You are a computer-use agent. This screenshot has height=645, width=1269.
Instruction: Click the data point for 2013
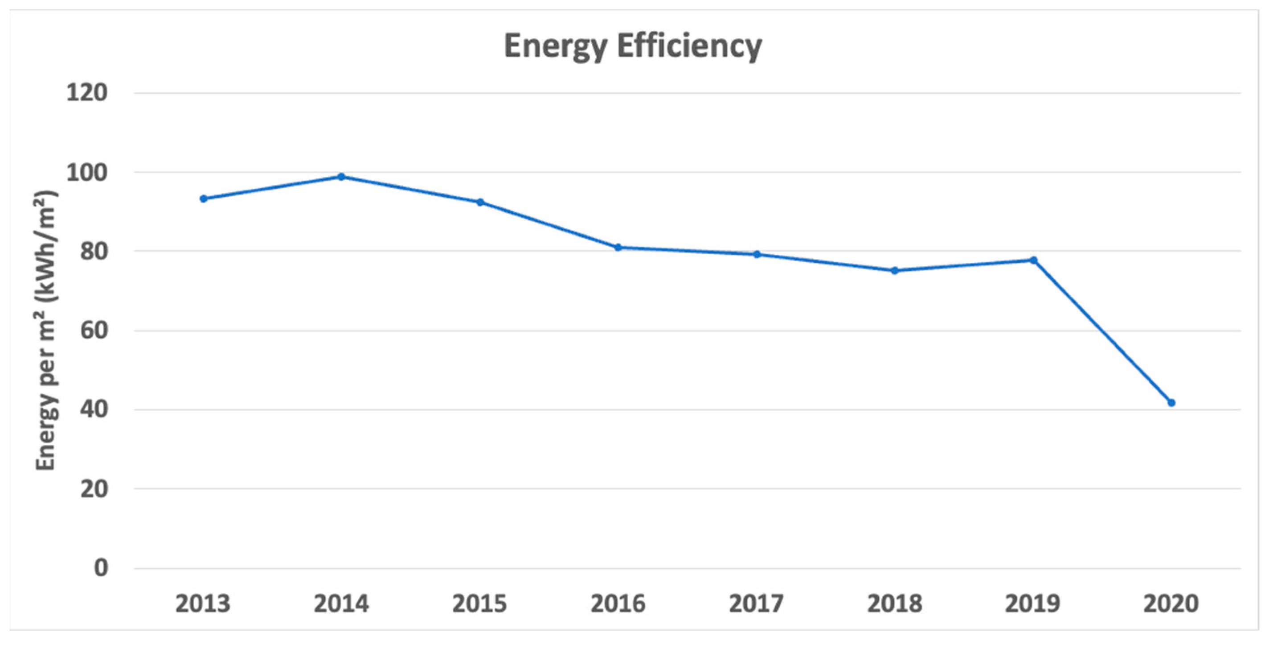pyautogui.click(x=204, y=199)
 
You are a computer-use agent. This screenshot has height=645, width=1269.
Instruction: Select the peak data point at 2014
pyautogui.click(x=341, y=177)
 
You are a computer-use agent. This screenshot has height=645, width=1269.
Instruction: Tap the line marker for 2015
pyautogui.click(x=480, y=202)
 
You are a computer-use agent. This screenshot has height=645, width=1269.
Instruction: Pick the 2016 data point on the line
pyautogui.click(x=618, y=248)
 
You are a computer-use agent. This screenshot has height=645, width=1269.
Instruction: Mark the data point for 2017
pyautogui.click(x=757, y=254)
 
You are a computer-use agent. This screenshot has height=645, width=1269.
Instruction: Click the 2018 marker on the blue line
pyautogui.click(x=895, y=271)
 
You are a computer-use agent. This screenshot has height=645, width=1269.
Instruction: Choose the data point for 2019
pyautogui.click(x=1034, y=260)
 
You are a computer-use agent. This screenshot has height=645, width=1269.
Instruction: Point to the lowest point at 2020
pyautogui.click(x=1171, y=403)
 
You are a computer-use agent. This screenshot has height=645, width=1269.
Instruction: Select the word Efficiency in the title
pyautogui.click(x=690, y=47)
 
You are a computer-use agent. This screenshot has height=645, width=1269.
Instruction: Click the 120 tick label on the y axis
pyautogui.click(x=87, y=93)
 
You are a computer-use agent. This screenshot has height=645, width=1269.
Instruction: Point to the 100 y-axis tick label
pyautogui.click(x=87, y=173)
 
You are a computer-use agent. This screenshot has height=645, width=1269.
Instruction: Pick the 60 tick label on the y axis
pyautogui.click(x=94, y=331)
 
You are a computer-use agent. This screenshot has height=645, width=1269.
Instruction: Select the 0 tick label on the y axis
pyautogui.click(x=101, y=568)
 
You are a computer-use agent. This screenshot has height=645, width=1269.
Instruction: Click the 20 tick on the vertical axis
pyautogui.click(x=94, y=489)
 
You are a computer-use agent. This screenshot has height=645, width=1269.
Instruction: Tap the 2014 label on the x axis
pyautogui.click(x=341, y=604)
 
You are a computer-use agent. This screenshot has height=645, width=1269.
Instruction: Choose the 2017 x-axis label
pyautogui.click(x=757, y=604)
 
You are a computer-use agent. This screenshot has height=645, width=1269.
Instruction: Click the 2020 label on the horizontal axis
pyautogui.click(x=1171, y=604)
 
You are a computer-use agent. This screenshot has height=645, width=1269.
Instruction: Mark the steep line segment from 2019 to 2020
pyautogui.click(x=1102, y=331)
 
